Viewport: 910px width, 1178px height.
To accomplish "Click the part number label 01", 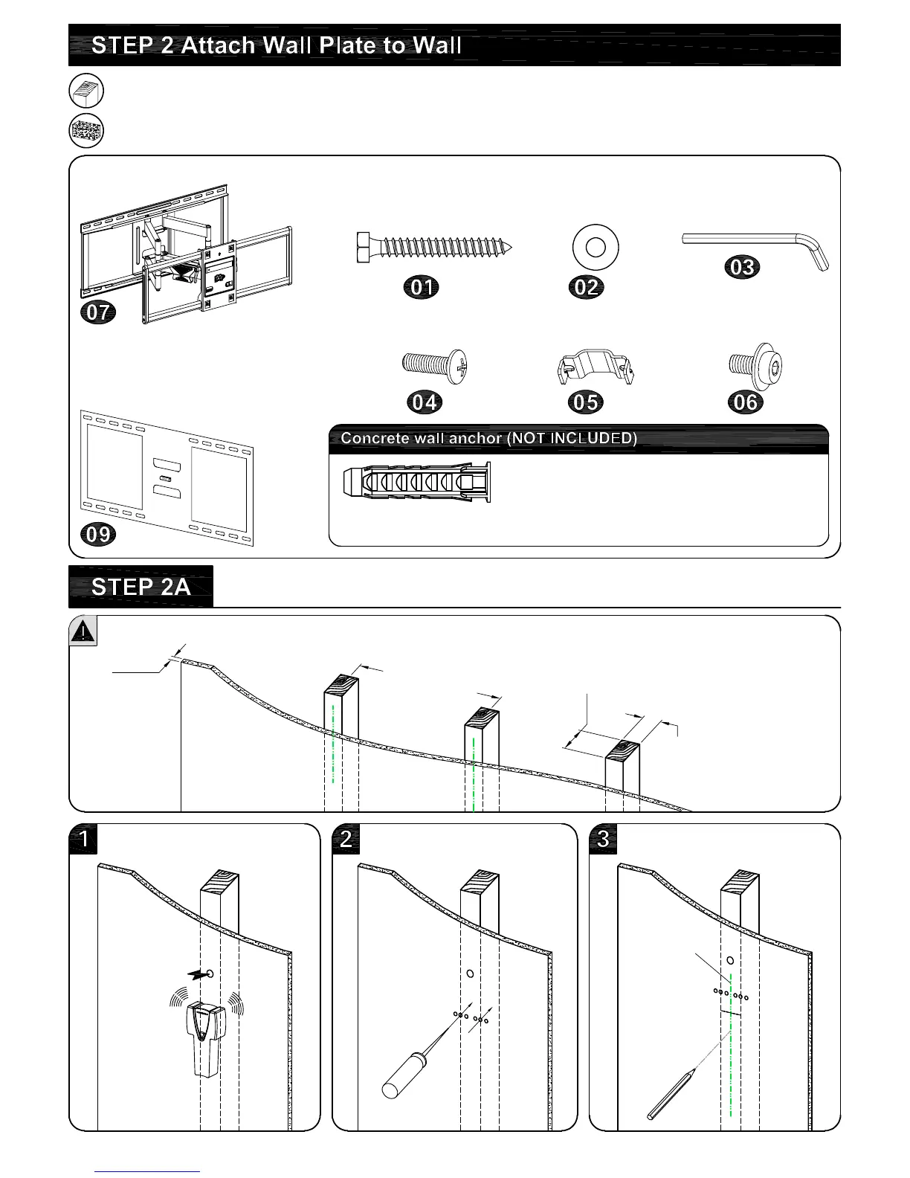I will pos(422,287).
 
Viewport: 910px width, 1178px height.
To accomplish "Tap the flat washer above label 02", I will pos(596,248).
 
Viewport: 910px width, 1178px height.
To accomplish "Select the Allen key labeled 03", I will pos(755,245).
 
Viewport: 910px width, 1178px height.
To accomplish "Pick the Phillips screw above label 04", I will pos(434,364).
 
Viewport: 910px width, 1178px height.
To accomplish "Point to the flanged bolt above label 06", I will pos(755,364).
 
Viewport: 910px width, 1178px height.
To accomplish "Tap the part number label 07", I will pos(98,312).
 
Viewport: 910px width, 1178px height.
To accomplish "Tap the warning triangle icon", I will pos(83,631).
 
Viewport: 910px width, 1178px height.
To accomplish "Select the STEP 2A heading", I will pos(141,588).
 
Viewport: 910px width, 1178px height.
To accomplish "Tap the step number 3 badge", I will pos(603,839).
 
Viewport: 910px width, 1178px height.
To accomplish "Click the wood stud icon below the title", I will pos(86,91).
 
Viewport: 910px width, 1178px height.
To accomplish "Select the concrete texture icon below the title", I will pos(86,132).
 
